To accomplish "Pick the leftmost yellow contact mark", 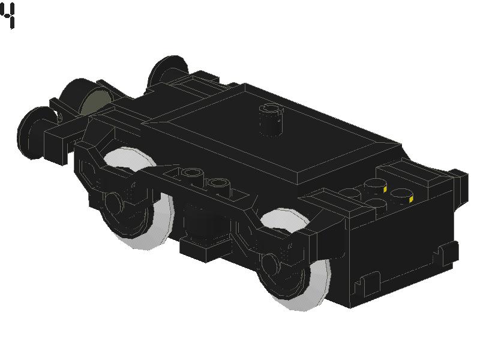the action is tap(385, 189).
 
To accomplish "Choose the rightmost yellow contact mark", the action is tap(411, 200).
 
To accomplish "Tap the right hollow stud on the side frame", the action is tap(218, 185).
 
